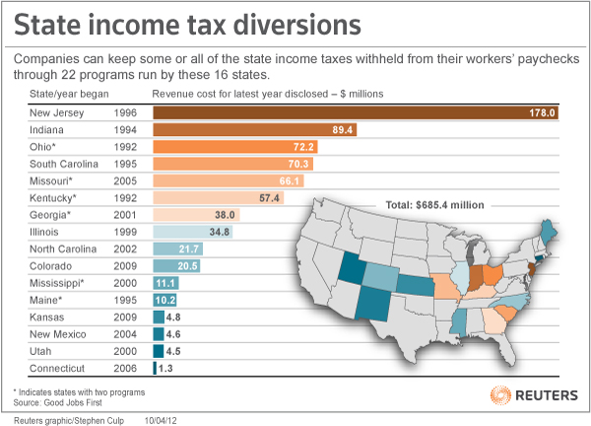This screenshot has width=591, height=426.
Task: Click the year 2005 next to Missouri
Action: (x=126, y=181)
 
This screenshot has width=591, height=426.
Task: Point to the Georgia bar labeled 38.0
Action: (x=197, y=215)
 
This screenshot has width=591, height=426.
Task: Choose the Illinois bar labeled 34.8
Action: (x=193, y=232)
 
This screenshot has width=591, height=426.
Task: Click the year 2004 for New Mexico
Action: (x=126, y=334)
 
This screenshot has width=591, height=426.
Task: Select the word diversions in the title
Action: (x=293, y=24)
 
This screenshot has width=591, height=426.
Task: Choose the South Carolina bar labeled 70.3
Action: (x=232, y=165)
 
